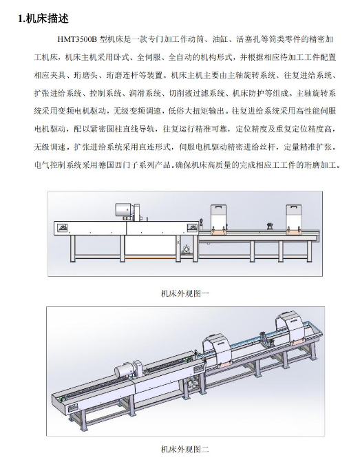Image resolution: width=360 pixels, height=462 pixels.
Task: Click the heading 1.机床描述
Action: [x=43, y=19]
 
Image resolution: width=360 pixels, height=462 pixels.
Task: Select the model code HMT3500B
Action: [x=77, y=39]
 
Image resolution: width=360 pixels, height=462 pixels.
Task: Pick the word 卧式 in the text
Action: [x=121, y=57]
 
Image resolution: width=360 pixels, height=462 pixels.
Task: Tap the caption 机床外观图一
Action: [x=185, y=293]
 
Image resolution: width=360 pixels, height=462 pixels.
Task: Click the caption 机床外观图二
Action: [x=185, y=450]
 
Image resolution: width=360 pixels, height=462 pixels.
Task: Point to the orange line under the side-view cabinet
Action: [x=150, y=258]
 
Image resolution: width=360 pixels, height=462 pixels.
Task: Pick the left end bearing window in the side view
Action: [x=63, y=229]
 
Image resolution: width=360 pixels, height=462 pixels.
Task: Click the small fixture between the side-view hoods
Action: [x=269, y=227]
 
